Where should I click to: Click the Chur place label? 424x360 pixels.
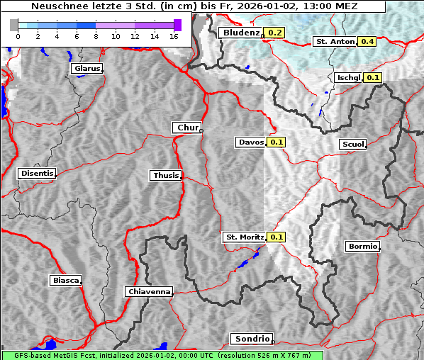pyautogui.click(x=187, y=128)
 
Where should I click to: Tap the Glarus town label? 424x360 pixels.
pyautogui.click(x=87, y=69)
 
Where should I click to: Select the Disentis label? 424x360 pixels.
pyautogui.click(x=36, y=173)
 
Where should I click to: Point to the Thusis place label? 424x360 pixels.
pyautogui.click(x=166, y=175)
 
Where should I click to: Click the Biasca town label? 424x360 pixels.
pyautogui.click(x=66, y=280)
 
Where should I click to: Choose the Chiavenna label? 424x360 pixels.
pyautogui.click(x=149, y=291)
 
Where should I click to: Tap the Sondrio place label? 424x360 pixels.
pyautogui.click(x=251, y=339)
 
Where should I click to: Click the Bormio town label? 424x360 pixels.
pyautogui.click(x=363, y=247)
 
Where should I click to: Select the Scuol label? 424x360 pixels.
pyautogui.click(x=352, y=145)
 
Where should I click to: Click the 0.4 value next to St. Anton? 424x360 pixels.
pyautogui.click(x=367, y=42)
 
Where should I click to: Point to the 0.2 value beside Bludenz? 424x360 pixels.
pyautogui.click(x=274, y=33)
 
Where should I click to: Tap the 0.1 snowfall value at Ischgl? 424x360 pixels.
pyautogui.click(x=374, y=77)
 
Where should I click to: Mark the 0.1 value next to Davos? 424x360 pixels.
pyautogui.click(x=277, y=142)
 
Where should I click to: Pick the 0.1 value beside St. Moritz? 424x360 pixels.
pyautogui.click(x=277, y=237)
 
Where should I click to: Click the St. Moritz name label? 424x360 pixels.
pyautogui.click(x=244, y=237)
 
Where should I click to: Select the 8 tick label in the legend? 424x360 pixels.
pyautogui.click(x=96, y=36)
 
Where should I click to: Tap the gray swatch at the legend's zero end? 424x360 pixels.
pyautogui.click(x=14, y=25)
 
